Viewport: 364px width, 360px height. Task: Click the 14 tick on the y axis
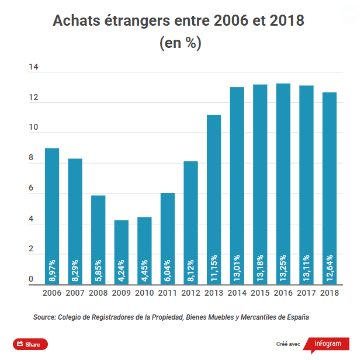(33, 68)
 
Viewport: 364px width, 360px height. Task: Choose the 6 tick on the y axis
(32, 189)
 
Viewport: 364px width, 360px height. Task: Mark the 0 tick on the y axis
(32, 281)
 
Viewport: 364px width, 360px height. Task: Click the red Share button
(30, 344)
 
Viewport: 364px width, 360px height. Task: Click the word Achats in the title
(75, 21)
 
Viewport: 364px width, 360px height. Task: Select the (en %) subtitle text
(180, 44)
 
